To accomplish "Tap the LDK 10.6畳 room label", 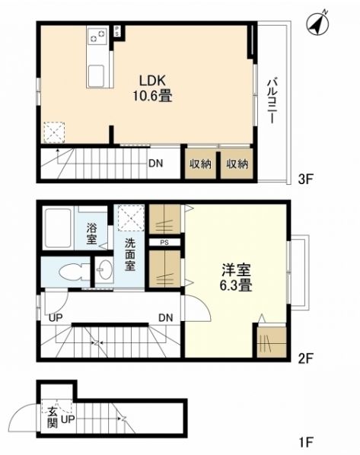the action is (152, 88).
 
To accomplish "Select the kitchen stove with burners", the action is (97, 35).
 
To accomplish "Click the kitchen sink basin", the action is (96, 76).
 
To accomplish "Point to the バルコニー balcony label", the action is (272, 100).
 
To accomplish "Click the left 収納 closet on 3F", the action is (200, 164).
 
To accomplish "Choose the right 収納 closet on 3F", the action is (237, 164).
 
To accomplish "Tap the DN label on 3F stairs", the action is (155, 164).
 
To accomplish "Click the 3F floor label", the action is (305, 179).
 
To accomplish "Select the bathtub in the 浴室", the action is (58, 228).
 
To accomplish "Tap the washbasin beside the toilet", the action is (104, 270).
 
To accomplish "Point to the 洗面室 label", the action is (130, 254).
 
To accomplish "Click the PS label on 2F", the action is (164, 243).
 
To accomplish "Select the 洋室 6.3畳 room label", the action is (236, 278).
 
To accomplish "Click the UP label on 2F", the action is (56, 318).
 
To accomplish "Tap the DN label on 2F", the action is (166, 318).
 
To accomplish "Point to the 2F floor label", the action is (305, 359).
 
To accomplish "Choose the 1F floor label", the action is (306, 443).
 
